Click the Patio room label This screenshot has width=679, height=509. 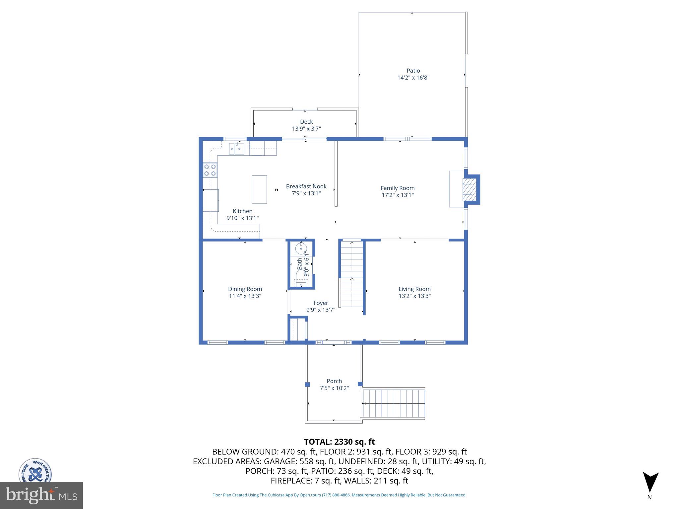(413, 71)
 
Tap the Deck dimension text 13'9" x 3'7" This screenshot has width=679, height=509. (306, 129)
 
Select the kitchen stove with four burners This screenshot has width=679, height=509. (210, 170)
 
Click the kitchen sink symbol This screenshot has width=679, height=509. (236, 149)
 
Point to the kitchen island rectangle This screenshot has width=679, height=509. (259, 189)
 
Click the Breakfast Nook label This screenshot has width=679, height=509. (306, 186)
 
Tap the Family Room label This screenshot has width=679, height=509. (398, 188)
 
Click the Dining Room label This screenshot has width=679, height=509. (245, 289)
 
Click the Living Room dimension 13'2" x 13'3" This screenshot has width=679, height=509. (414, 296)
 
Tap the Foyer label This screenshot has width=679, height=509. (321, 303)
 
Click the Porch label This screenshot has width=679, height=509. (334, 381)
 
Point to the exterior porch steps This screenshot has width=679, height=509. (394, 403)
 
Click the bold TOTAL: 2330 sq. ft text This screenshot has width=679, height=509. (339, 442)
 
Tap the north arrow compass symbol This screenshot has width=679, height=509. (650, 482)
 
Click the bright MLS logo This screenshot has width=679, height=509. (41, 495)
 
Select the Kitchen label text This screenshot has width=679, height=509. (242, 211)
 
